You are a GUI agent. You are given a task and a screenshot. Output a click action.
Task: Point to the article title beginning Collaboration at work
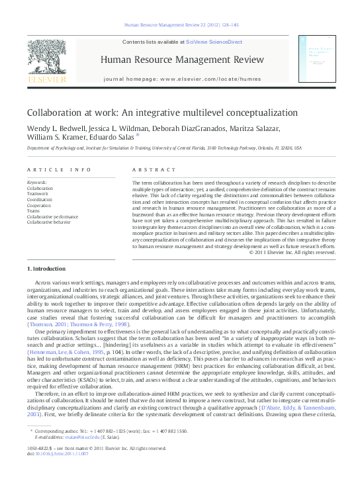pyautogui.click(x=162, y=112)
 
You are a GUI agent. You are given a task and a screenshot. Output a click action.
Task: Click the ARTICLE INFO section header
pyautogui.click(x=59, y=170)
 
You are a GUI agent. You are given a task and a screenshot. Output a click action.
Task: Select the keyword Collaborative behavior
pyautogui.click(x=50, y=222)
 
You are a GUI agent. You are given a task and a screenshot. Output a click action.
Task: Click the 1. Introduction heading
pyautogui.click(x=46, y=269)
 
